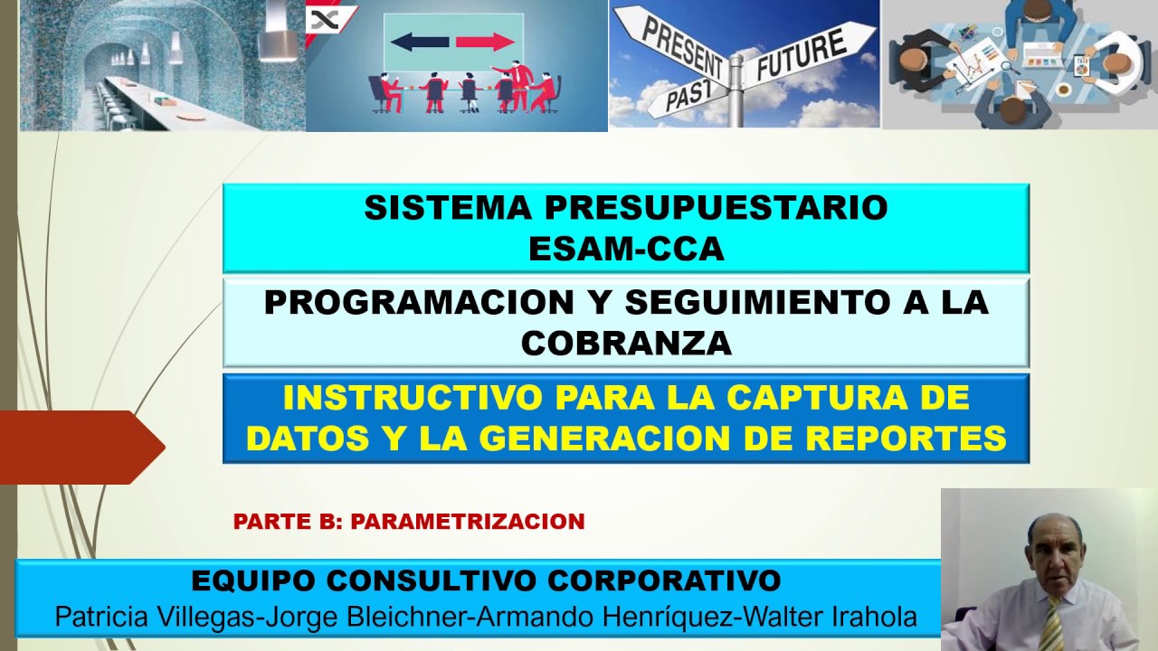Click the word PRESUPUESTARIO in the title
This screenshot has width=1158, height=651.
coord(716,208)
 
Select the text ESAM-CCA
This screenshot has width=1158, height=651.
coord(626,249)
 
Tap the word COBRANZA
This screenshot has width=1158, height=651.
coord(626,343)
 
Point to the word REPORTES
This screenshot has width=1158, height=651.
coord(906,439)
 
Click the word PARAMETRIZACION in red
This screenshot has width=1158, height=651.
coord(468,522)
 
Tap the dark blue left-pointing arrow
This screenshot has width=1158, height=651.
coord(419,42)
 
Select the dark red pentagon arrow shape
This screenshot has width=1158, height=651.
coord(82,448)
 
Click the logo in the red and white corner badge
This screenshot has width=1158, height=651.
coord(325,20)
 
